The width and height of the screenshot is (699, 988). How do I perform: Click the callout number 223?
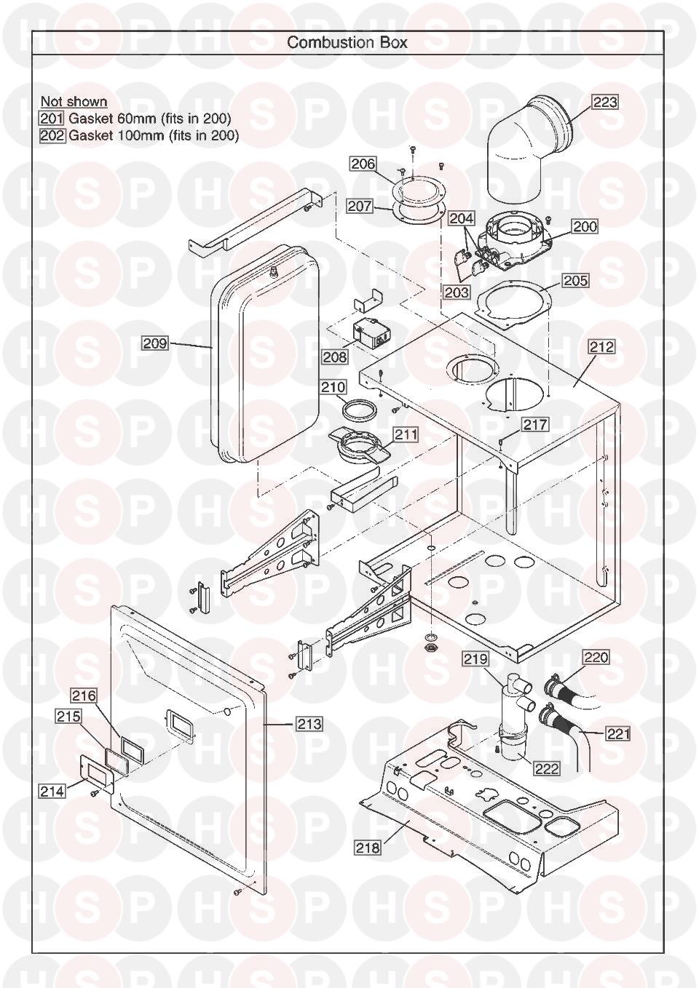(604, 103)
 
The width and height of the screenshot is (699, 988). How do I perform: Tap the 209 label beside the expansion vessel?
(155, 343)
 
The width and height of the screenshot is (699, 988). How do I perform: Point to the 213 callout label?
(309, 724)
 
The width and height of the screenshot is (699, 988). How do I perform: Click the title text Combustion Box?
(347, 42)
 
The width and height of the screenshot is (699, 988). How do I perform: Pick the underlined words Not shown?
(74, 101)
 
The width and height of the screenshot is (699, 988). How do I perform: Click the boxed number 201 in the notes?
(52, 118)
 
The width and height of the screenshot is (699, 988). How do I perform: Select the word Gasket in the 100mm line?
(91, 135)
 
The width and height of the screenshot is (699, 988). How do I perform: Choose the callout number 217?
(536, 425)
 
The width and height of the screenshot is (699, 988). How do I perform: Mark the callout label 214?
(52, 792)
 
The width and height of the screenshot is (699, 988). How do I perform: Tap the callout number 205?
(575, 281)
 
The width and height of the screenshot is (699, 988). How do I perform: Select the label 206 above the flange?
(363, 164)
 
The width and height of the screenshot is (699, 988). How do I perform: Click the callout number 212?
(602, 347)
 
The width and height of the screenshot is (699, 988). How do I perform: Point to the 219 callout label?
(475, 659)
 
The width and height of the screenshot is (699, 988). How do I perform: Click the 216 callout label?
(84, 696)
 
